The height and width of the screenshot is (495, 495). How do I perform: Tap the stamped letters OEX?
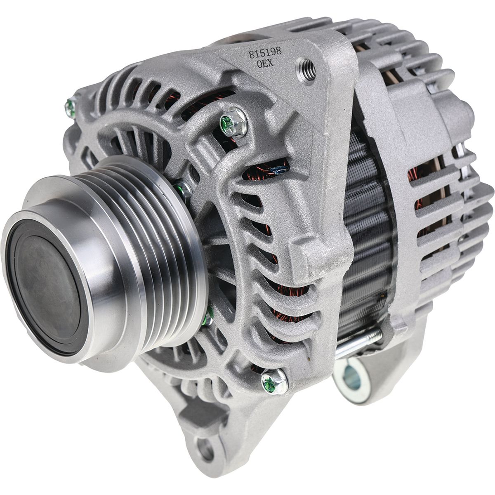[265, 64]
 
